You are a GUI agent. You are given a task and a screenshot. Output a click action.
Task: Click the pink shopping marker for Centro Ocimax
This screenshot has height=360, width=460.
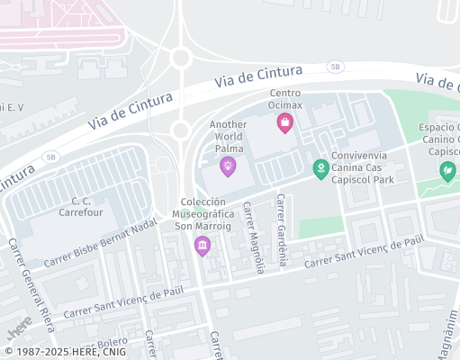(x=285, y=122)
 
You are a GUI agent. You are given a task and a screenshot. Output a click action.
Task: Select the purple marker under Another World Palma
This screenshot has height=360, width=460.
(x=229, y=165)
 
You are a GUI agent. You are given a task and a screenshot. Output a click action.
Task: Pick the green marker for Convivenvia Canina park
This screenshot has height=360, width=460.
(x=320, y=167)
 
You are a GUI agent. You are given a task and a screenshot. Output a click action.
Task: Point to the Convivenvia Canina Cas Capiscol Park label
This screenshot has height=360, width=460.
(x=363, y=167)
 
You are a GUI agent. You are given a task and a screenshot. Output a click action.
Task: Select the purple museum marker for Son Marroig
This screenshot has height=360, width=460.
(x=203, y=245)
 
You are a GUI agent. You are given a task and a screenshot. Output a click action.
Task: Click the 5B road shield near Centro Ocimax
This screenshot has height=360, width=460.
(x=335, y=67)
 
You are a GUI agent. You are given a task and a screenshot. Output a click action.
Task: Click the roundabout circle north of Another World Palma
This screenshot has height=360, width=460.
(x=181, y=58)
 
